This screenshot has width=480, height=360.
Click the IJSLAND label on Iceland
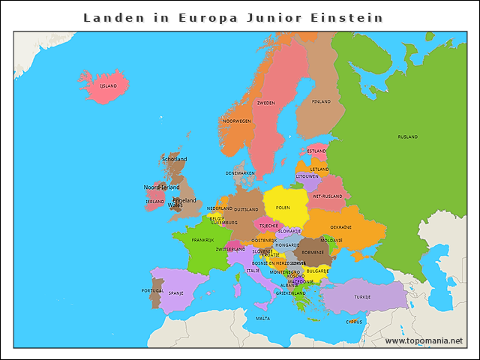tap(109, 86)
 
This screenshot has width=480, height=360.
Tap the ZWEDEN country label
tap(265, 103)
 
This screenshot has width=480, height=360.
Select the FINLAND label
tap(321, 101)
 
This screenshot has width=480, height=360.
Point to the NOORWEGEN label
tap(237, 121)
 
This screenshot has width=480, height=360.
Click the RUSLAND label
tap(408, 137)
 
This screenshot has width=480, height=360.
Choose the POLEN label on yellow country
tap(283, 208)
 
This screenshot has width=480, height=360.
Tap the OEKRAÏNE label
tap(341, 226)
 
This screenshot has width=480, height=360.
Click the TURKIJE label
tap(363, 297)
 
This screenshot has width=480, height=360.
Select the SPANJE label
tap(176, 293)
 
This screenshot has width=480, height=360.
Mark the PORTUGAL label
tap(152, 290)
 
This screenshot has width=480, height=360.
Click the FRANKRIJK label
tap(202, 240)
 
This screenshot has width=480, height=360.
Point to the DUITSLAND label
tap(246, 209)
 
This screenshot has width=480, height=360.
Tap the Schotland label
tap(174, 159)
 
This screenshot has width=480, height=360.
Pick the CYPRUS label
tap(354, 322)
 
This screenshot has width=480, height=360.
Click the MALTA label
tap(262, 318)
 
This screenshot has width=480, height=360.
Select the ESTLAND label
tap(316, 151)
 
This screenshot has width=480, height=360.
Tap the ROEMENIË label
tap(313, 253)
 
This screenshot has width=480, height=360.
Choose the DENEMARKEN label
tap(240, 172)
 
